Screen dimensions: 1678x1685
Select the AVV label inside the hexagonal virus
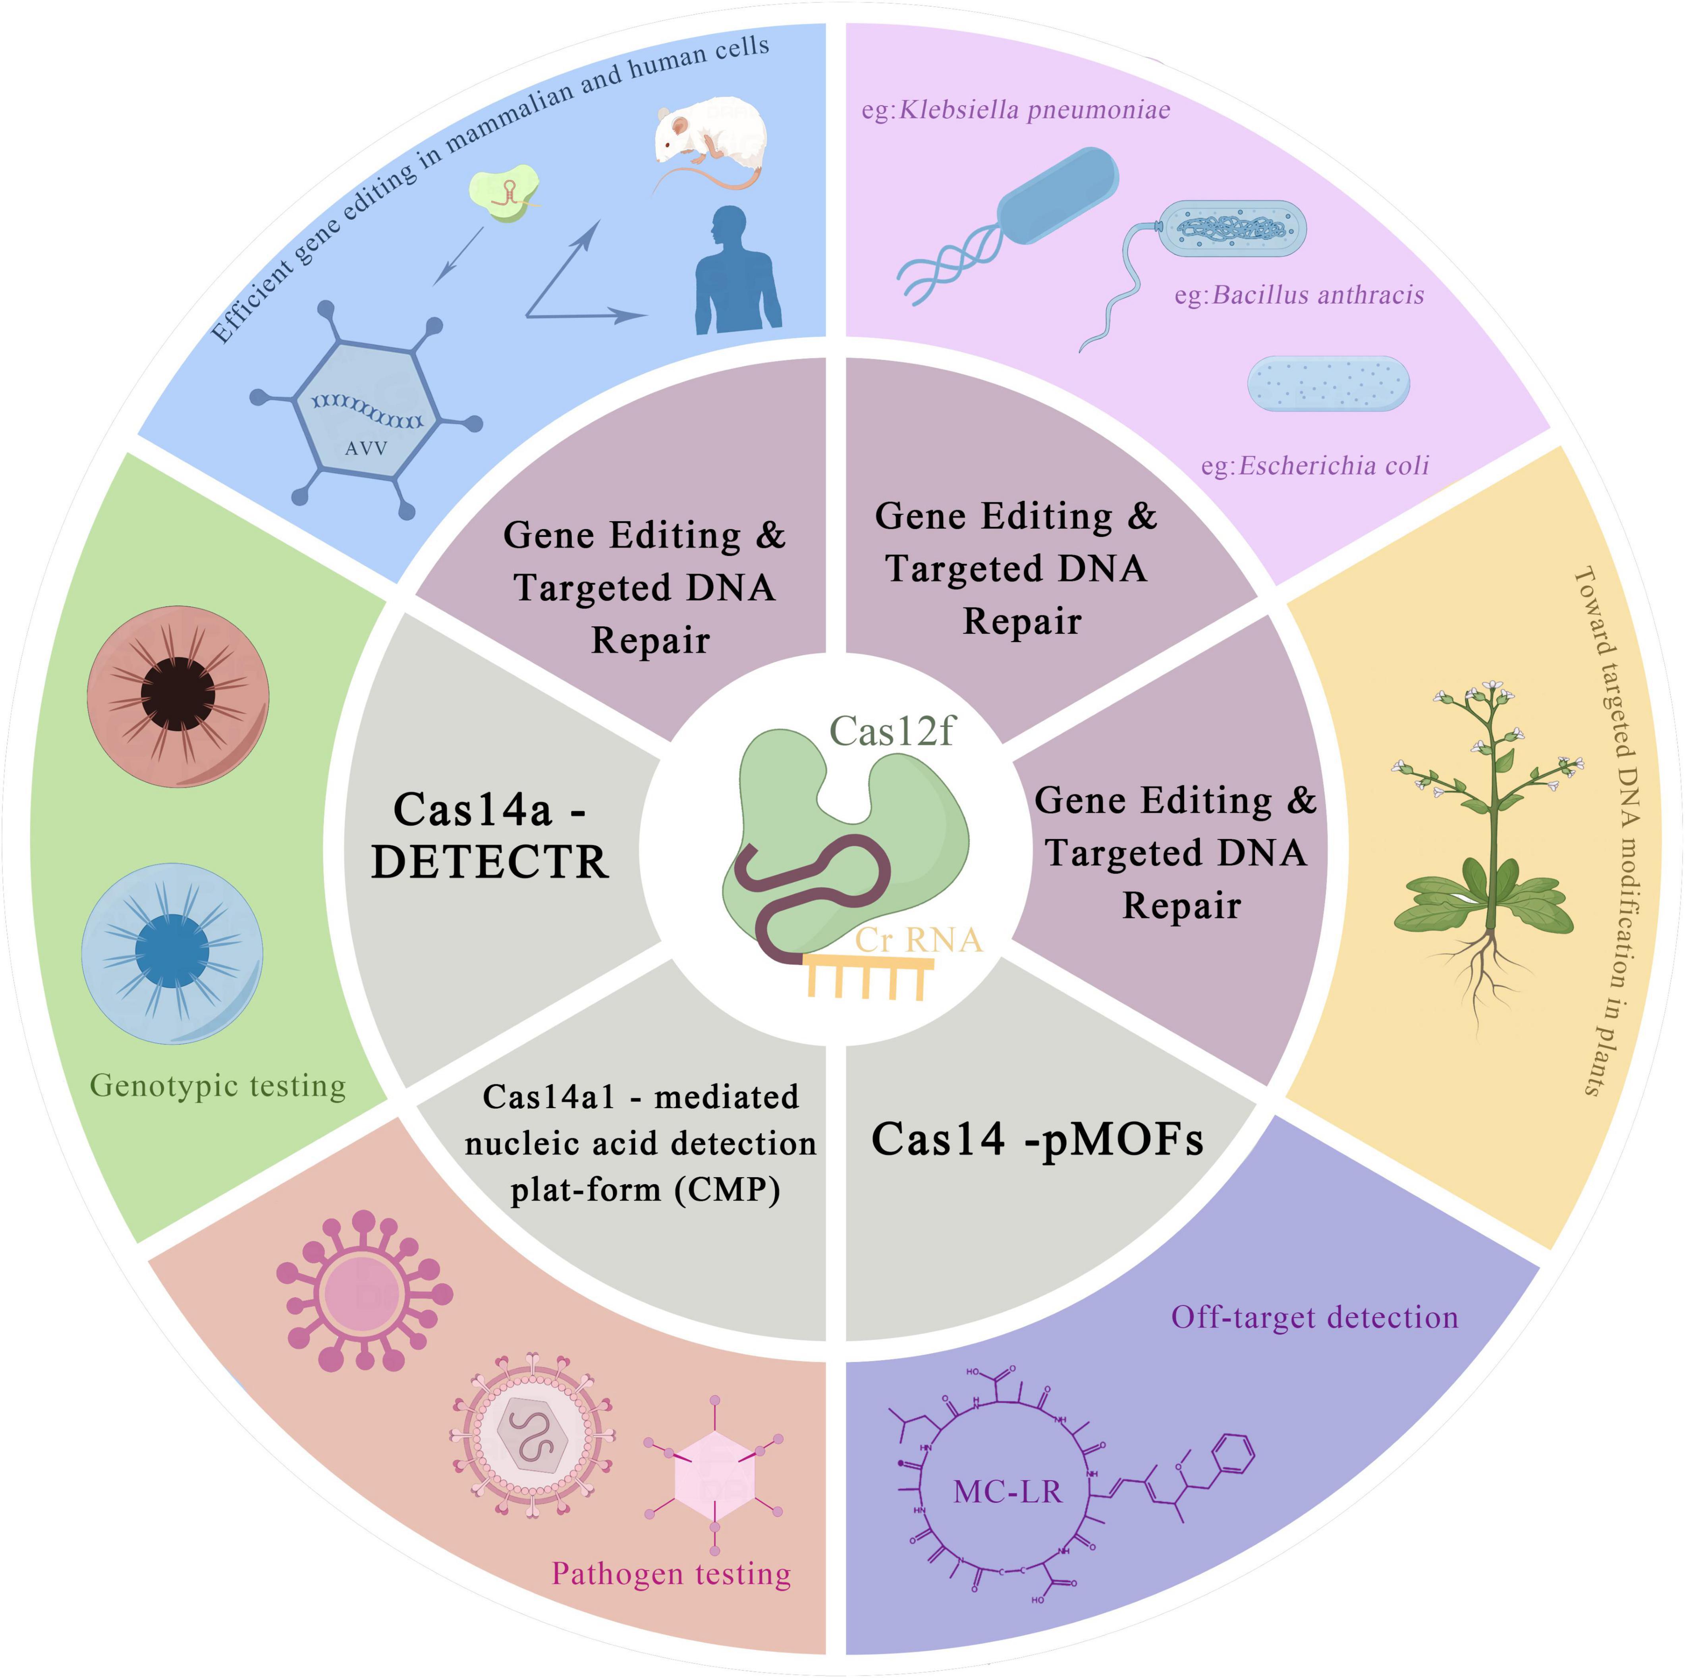coord(366,448)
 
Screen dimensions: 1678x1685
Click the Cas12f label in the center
coord(891,731)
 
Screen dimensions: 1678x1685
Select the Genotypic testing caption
coord(218,1086)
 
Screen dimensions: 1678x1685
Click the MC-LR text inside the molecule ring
coord(1008,1491)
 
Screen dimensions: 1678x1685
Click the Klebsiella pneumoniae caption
coord(1016,110)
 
